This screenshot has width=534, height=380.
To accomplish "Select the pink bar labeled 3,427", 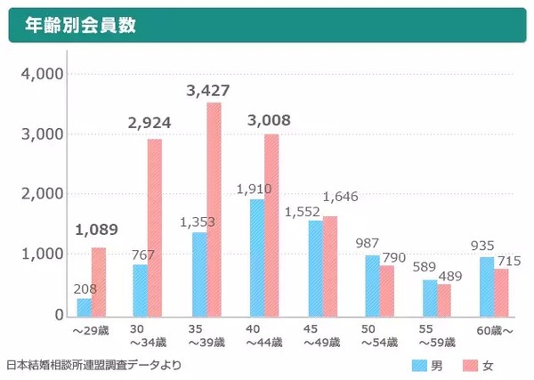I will pos(214,209).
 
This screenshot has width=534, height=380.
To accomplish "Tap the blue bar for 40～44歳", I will pos(256,257).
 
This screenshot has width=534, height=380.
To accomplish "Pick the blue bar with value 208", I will pos(84,306).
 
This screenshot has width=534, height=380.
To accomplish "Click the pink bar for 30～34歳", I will pos(155,227).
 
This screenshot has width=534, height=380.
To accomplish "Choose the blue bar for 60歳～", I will pos(487,286).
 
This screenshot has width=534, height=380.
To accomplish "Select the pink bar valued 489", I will pos(444,299).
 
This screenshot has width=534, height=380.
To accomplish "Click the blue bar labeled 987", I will pos(371,285).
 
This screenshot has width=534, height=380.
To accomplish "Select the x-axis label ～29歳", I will pos(90,330).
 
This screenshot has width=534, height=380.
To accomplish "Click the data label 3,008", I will pos(266,121).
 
